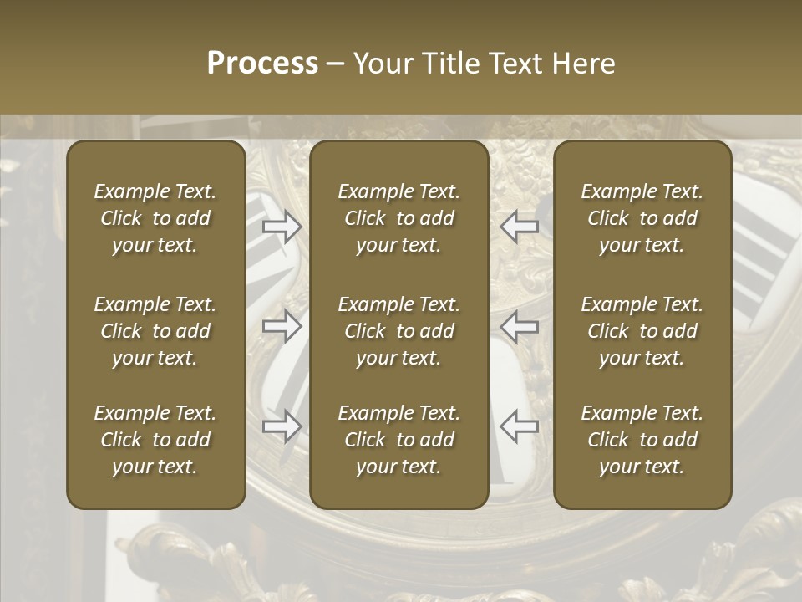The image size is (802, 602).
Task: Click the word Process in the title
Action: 262,64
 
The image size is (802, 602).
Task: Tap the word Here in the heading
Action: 584,64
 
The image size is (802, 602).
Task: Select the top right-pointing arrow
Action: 282,226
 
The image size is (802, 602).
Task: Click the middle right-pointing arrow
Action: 282,326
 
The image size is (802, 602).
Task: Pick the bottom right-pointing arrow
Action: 282,426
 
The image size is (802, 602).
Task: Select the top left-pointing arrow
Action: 520,226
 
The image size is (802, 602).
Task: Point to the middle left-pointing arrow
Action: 520,326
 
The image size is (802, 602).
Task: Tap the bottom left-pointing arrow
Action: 520,426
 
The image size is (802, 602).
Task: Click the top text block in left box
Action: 155,218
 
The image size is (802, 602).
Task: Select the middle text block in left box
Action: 155,331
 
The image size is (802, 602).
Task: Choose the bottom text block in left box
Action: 155,440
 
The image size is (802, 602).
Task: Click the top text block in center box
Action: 398,218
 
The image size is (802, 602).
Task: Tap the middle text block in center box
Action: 398,331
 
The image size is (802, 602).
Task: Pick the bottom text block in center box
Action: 398,440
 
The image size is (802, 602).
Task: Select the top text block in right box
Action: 642,218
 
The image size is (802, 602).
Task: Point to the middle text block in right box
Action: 642,331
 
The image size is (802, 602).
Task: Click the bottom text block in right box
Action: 642,440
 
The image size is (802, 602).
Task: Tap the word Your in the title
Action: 381,64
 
